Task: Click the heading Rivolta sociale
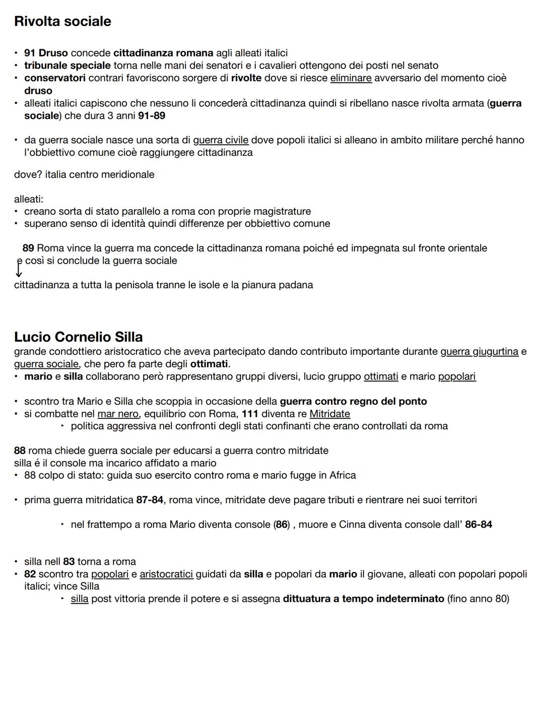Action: click(62, 21)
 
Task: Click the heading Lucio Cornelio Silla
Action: click(78, 337)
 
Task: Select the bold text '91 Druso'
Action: click(46, 53)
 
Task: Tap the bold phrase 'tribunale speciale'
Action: click(67, 66)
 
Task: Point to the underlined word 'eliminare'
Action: click(351, 78)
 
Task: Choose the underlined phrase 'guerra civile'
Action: click(221, 140)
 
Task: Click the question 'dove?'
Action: click(28, 174)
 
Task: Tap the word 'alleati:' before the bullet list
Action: click(29, 199)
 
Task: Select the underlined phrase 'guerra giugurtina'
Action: click(479, 351)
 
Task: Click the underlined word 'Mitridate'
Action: click(329, 414)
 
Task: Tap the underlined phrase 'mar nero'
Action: click(117, 414)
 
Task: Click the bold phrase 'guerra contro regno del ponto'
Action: click(353, 401)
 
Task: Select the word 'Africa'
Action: click(343, 475)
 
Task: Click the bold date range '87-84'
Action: click(150, 500)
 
